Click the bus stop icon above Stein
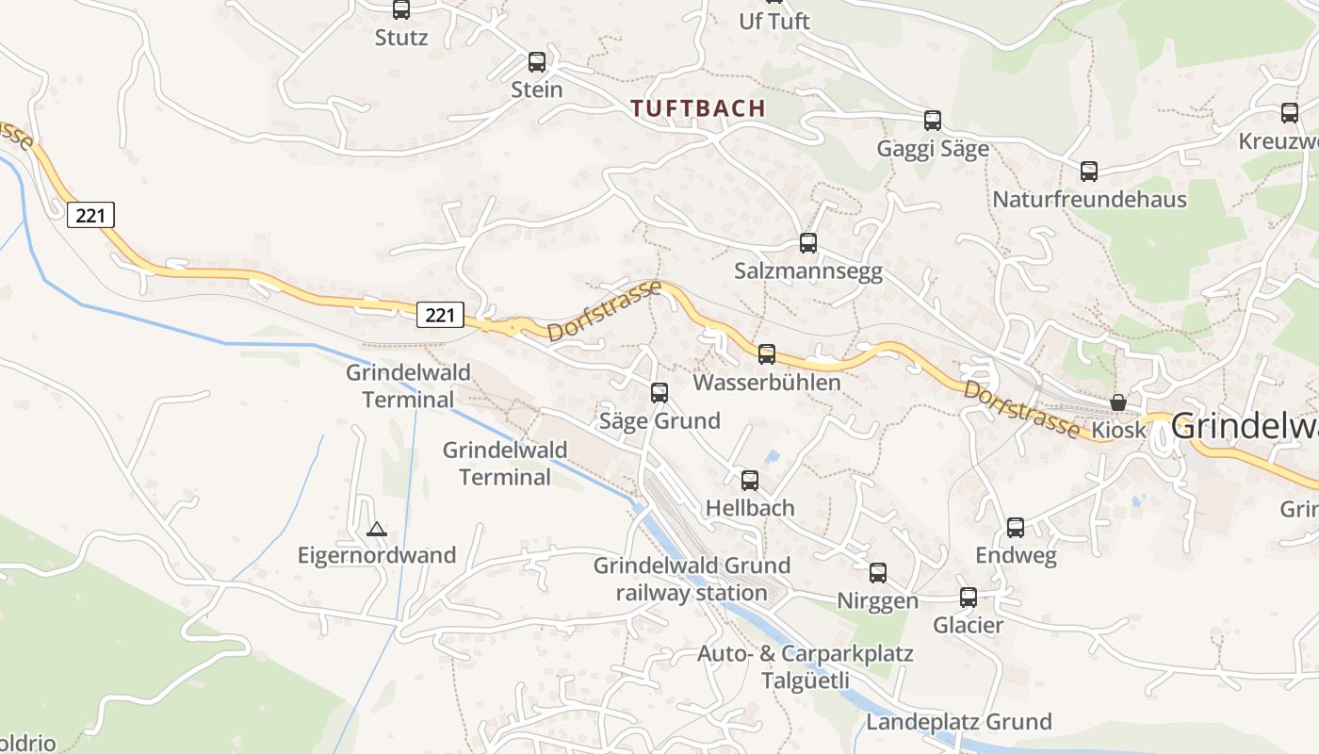click(x=537, y=62)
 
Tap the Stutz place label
click(x=401, y=38)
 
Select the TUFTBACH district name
click(x=698, y=108)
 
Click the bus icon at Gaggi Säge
click(x=933, y=121)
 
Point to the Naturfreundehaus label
click(x=1089, y=200)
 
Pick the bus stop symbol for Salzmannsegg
click(x=808, y=243)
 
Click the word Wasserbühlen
click(x=767, y=384)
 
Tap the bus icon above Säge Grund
click(x=659, y=393)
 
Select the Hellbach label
click(x=750, y=508)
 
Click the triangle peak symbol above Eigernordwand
click(x=377, y=530)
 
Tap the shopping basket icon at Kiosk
click(x=1118, y=402)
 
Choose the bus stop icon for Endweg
click(x=1016, y=528)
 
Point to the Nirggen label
click(x=878, y=601)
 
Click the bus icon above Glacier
click(x=969, y=598)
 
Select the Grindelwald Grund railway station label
click(x=692, y=580)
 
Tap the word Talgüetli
click(x=806, y=680)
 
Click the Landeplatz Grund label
click(x=959, y=723)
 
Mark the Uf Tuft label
click(x=774, y=21)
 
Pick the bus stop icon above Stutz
click(x=401, y=9)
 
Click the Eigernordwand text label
click(x=377, y=555)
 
